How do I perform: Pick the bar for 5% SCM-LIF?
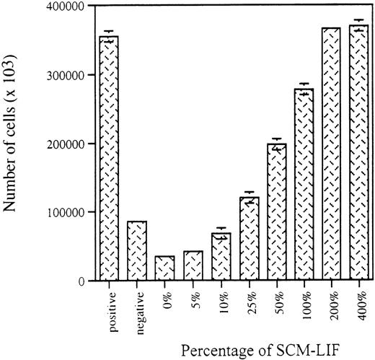(x=193, y=265)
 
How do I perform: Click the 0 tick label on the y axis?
(x=83, y=281)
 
